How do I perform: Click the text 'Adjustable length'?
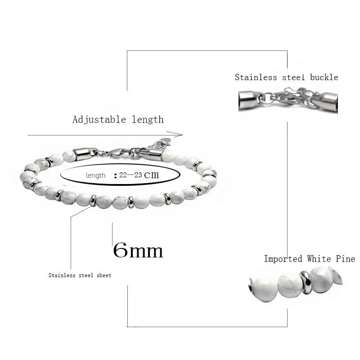(x=118, y=120)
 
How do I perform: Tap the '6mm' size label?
(x=138, y=250)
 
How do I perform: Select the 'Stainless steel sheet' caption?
(x=80, y=275)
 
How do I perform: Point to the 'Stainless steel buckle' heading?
(x=286, y=77)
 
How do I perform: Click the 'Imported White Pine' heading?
(x=309, y=259)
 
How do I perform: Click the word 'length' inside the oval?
(x=95, y=175)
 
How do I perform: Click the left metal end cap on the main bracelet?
(x=84, y=153)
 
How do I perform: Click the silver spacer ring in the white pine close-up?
(x=306, y=283)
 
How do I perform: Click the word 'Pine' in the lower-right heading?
(x=346, y=259)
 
